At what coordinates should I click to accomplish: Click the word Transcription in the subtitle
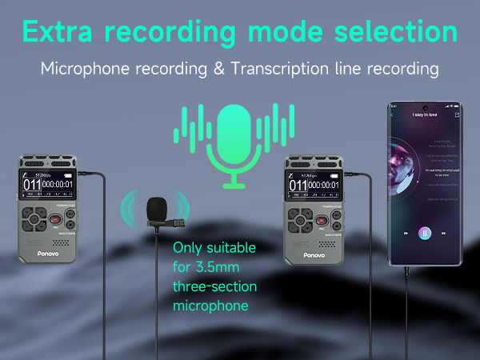pyautogui.click(x=266, y=69)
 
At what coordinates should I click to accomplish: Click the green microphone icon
pyautogui.click(x=234, y=144)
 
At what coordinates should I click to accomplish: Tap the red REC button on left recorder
pyautogui.click(x=56, y=219)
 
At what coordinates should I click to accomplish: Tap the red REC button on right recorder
pyautogui.click(x=322, y=219)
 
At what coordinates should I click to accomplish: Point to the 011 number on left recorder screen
pyautogui.click(x=31, y=186)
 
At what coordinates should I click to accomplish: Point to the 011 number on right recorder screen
pyautogui.click(x=298, y=186)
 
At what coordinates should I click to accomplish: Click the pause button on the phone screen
pyautogui.click(x=425, y=233)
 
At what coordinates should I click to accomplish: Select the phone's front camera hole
pyautogui.click(x=425, y=107)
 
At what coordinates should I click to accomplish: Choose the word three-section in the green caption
pyautogui.click(x=215, y=286)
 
